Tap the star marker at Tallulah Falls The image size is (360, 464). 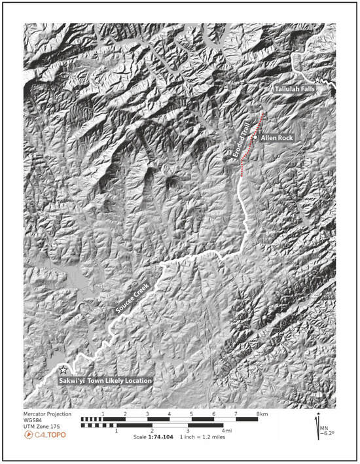coord(319,79)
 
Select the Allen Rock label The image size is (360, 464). coord(278,138)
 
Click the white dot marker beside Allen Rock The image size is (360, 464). coord(256,138)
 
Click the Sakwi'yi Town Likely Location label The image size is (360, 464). coord(105,380)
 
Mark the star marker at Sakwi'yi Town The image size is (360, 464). coord(63,370)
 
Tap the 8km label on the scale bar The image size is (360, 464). coord(262,414)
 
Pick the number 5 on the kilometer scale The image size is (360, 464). coord(192,414)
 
